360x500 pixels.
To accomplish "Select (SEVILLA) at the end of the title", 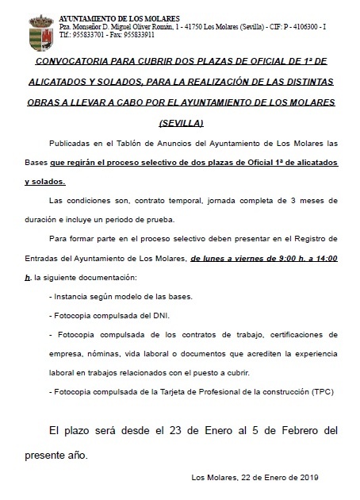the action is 181,123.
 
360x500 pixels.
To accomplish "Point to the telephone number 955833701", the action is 67,35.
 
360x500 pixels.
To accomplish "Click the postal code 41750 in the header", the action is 203,26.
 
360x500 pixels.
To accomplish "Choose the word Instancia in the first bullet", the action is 74,296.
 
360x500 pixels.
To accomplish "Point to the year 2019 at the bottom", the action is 305,477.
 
